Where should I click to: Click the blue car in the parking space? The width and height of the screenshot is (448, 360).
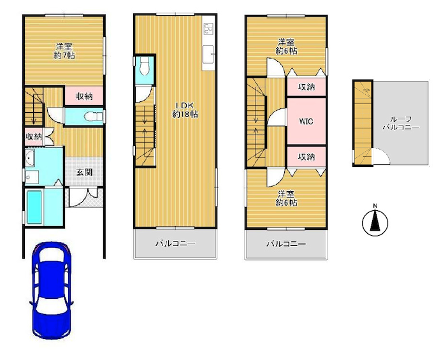pyautogui.click(x=52, y=291)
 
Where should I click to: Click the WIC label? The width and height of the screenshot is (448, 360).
pyautogui.click(x=306, y=122)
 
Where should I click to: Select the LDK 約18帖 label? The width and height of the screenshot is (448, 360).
pyautogui.click(x=185, y=110)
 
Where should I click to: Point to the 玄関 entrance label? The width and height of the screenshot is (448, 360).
pyautogui.click(x=84, y=172)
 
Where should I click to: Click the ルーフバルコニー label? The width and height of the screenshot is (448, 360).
pyautogui.click(x=401, y=124)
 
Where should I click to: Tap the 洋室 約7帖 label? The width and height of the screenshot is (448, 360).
pyautogui.click(x=64, y=51)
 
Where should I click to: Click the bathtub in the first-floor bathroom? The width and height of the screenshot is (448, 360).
pyautogui.click(x=34, y=207)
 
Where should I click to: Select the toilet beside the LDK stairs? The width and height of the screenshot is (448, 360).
pyautogui.click(x=145, y=66)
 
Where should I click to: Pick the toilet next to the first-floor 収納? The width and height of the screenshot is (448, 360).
pyautogui.click(x=94, y=117)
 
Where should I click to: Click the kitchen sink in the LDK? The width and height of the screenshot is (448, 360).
pyautogui.click(x=208, y=55)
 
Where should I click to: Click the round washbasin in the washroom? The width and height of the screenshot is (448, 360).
pyautogui.click(x=30, y=158)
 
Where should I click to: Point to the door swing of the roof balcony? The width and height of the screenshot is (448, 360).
pyautogui.click(x=382, y=156)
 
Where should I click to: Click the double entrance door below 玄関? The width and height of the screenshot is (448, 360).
pyautogui.click(x=83, y=197)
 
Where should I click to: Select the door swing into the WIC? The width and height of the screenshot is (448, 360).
pyautogui.click(x=277, y=117)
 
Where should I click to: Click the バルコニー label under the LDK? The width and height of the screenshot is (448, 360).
pyautogui.click(x=175, y=243)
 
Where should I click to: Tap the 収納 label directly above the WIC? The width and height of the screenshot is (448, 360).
pyautogui.click(x=307, y=87)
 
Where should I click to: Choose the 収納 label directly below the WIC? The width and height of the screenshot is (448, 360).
pyautogui.click(x=307, y=157)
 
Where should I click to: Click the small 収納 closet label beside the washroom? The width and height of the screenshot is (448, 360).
pyautogui.click(x=34, y=137)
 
